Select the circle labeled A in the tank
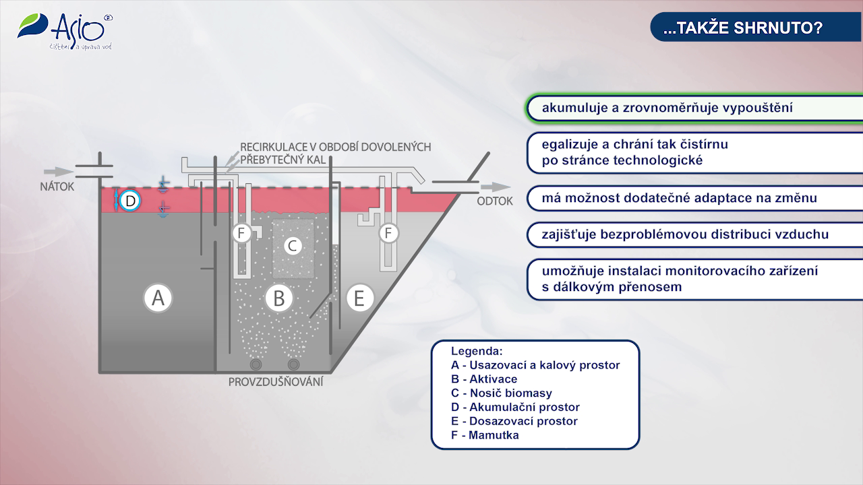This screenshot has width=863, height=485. [x=158, y=297]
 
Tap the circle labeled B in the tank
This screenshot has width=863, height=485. [x=278, y=297]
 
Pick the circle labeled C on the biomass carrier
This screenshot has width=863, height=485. [x=292, y=246]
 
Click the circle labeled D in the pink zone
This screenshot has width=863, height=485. [x=131, y=200]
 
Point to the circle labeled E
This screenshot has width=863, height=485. [x=359, y=297]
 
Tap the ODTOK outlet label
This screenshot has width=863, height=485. [x=495, y=201]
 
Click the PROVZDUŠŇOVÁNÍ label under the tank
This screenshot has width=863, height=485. [x=276, y=382]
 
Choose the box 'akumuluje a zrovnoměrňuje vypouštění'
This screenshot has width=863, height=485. [x=694, y=108]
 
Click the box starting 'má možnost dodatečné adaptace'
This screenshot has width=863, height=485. [x=694, y=198]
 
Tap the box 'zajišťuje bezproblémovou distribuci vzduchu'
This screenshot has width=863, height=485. [x=694, y=234]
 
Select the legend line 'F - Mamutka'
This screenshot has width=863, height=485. [x=485, y=435]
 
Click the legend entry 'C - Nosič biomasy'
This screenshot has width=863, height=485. [x=502, y=393]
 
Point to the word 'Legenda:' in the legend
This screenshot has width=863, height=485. [x=477, y=351]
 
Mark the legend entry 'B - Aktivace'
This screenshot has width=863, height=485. [x=484, y=379]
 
